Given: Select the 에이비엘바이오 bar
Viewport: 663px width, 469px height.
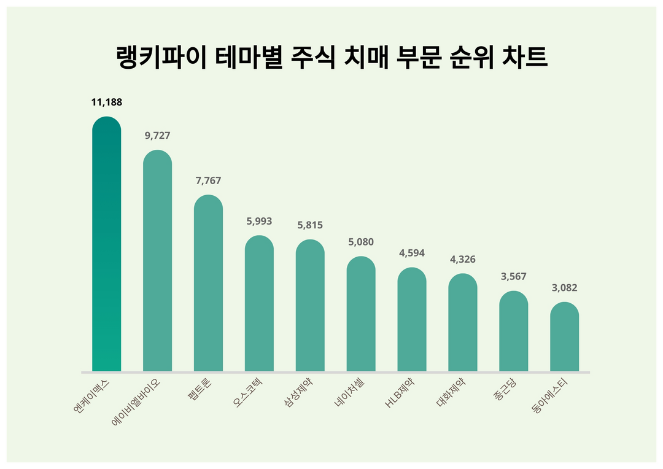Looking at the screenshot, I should pos(157,260).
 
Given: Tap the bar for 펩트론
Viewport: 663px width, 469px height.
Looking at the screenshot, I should pos(208,283).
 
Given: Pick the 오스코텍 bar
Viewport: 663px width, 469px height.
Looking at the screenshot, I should pos(259,303).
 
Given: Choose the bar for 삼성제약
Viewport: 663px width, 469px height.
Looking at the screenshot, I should pos(310,305).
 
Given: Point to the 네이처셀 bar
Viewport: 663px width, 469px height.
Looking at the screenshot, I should pos(361,314).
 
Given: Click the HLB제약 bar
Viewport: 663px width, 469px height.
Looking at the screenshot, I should pos(412,319).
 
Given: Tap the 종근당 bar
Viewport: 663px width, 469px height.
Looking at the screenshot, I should pos(513,331).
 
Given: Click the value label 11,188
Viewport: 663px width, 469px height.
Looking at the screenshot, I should pos(107,103).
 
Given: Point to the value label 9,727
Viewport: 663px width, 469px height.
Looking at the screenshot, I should pos(158,136).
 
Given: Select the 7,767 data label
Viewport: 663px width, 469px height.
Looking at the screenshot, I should pos(209,181).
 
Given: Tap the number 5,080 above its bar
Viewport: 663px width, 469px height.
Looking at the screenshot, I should pos(361,242).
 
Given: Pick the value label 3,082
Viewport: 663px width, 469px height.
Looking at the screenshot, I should pos(564,288).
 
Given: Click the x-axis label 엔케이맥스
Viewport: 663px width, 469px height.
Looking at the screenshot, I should pos(91,397).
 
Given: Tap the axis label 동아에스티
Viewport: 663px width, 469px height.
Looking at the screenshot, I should pos(550,397).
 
